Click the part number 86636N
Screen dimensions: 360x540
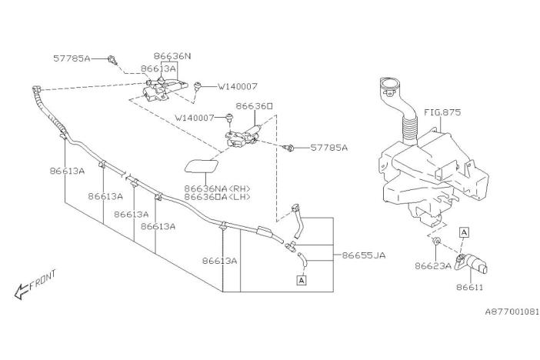coord(172,56)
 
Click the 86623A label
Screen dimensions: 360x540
coord(432,267)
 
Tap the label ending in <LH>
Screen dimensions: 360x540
coord(216,198)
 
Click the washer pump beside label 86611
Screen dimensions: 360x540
coord(475,265)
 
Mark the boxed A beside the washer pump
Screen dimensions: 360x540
coord(465,231)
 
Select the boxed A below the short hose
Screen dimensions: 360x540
coord(301,282)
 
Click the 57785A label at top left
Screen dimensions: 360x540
coord(72,58)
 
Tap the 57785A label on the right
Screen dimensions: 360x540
coord(329,147)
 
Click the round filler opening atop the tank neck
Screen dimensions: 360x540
coord(390,85)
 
